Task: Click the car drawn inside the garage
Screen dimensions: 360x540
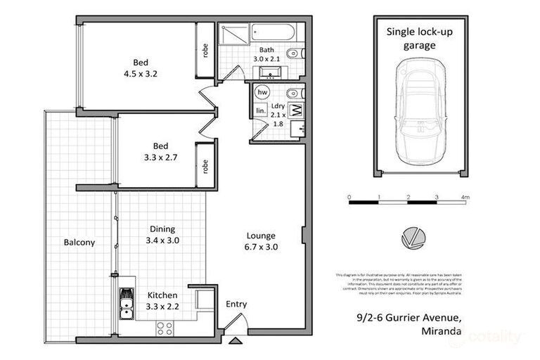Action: pos(420,109)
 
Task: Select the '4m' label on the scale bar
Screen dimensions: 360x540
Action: pos(465,197)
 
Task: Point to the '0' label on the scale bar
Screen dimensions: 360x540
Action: pos(349,197)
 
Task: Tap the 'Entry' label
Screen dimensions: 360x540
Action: pos(236,304)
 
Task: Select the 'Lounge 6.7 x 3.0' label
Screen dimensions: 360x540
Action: pos(260,241)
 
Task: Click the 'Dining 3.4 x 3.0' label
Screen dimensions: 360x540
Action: pos(162,235)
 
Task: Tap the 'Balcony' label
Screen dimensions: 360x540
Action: pos(79,243)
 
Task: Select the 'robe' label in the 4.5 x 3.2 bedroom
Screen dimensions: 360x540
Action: pos(205,50)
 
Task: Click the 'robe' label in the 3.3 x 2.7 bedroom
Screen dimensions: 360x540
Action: pos(205,167)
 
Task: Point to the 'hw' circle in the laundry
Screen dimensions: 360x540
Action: pos(263,93)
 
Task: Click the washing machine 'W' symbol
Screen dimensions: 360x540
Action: pos(295,110)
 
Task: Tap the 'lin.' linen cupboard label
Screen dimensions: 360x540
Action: pos(260,111)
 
